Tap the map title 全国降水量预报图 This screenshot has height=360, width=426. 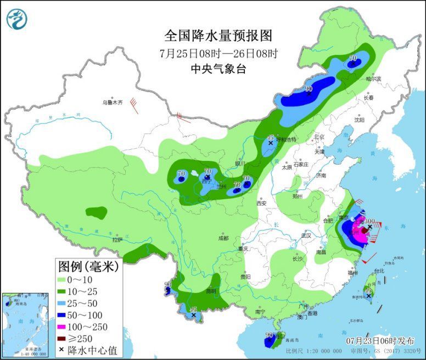coord(218,36)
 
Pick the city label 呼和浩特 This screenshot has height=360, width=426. coord(285,139)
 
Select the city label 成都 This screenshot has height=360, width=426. coord(222,238)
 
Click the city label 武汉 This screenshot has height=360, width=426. coord(306,235)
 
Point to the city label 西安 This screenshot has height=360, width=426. coord(261,203)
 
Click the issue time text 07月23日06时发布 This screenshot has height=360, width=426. coord(378,340)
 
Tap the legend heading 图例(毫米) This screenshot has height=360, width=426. coord(89,267)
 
